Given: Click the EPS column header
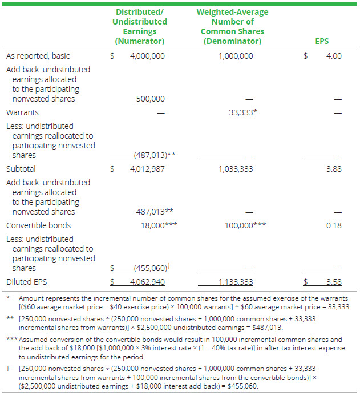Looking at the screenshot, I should tap(322, 41).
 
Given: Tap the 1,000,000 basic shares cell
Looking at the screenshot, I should tap(236, 56).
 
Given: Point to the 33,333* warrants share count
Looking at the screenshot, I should tap(242, 112).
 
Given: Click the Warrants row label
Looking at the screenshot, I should tap(22, 112).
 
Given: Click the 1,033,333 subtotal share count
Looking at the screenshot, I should tap(236, 169).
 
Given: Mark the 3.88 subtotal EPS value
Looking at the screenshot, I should tap(333, 169).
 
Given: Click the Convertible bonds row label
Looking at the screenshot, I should tap(37, 225).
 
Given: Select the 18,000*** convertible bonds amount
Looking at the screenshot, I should tap(159, 225).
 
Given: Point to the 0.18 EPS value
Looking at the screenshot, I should tap(333, 225).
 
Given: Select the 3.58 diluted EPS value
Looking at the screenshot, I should tap(333, 282).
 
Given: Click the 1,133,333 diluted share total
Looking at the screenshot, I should tap(236, 282).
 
